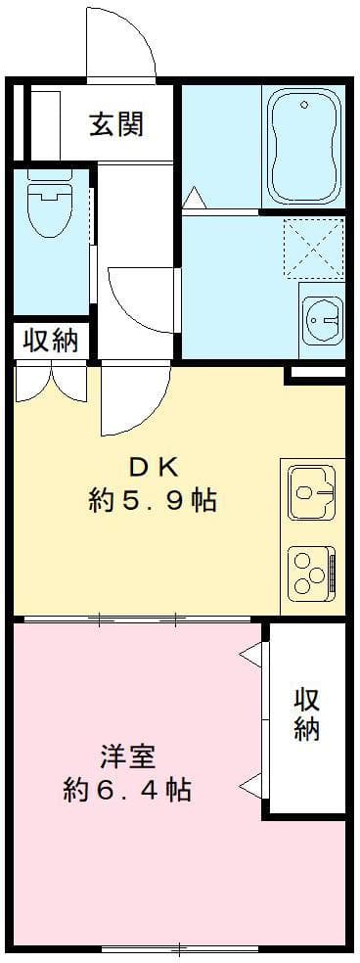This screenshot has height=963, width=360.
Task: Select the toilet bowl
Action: click(47, 208)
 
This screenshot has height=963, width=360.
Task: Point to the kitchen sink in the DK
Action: click(311, 492)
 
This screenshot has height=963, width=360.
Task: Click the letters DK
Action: click(152, 463)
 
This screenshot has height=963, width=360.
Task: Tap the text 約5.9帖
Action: click(152, 501)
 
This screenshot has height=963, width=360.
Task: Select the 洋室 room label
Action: click(126, 757)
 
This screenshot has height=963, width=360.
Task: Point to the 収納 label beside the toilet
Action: click(50, 341)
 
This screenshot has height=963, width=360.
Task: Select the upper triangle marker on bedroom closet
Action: click(251, 655)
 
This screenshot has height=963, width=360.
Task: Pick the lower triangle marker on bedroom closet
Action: click(251, 783)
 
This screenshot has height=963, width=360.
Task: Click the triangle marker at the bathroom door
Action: click(193, 198)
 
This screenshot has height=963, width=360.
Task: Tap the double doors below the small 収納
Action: click(51, 383)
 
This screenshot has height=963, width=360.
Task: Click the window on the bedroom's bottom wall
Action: click(179, 947)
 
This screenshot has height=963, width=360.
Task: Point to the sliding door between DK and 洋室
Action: click(137, 619)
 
